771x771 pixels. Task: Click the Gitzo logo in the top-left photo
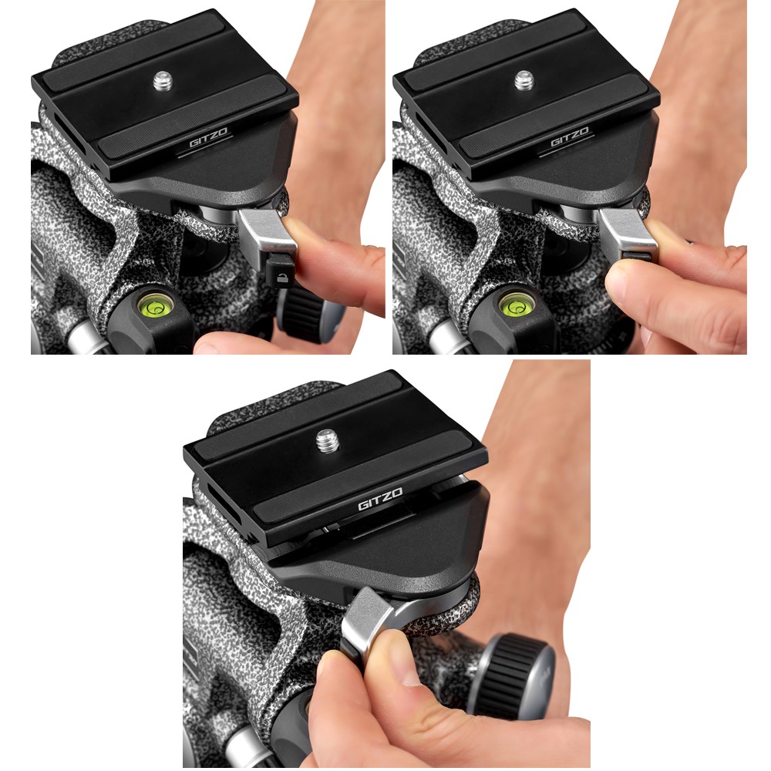point(208,137)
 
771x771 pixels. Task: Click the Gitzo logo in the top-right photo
point(570,137)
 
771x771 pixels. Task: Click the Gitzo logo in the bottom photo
point(380,499)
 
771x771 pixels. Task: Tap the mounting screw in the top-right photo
point(524,81)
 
